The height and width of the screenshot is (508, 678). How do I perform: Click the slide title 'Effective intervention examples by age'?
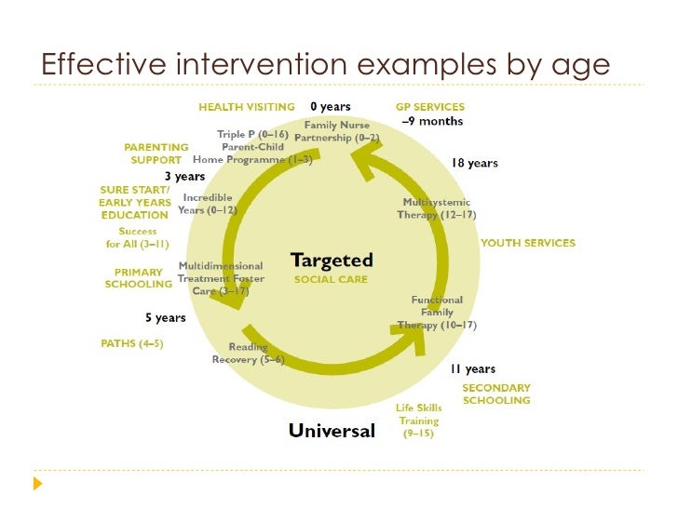click(325, 64)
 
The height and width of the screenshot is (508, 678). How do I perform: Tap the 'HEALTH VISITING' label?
click(246, 107)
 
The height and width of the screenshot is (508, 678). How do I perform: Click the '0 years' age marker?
click(331, 107)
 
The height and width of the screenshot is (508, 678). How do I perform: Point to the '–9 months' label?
click(431, 121)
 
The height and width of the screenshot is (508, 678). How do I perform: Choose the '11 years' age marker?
click(473, 369)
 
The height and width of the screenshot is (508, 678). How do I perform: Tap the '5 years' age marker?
click(165, 318)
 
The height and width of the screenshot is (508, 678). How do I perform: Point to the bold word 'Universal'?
click(332, 431)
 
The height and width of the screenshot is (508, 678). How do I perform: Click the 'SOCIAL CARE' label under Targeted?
click(331, 279)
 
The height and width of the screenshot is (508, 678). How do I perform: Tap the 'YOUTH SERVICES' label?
click(528, 243)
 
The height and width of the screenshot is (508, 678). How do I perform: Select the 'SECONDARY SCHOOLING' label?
click(496, 394)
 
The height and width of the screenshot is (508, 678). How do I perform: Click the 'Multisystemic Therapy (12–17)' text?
click(436, 208)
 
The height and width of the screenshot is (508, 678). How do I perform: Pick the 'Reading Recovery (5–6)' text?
click(248, 354)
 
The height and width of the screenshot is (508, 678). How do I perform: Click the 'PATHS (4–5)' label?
click(131, 343)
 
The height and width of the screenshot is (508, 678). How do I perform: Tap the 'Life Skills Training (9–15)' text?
click(418, 421)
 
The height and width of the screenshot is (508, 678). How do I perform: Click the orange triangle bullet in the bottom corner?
click(37, 484)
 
